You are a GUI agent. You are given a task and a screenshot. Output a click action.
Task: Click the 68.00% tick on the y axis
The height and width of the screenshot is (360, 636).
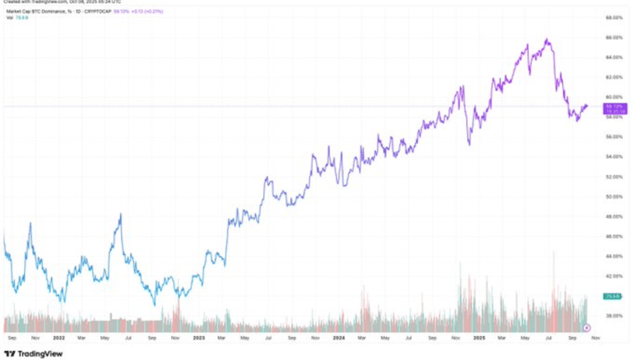(613, 17)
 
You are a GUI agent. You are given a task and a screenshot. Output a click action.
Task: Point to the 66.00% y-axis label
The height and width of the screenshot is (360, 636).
(613, 37)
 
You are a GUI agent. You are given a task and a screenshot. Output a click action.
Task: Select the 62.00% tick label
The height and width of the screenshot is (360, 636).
(613, 77)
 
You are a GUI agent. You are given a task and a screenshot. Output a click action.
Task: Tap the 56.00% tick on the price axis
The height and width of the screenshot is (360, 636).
(613, 137)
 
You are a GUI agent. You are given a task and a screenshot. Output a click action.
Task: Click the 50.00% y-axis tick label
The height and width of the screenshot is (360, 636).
(613, 196)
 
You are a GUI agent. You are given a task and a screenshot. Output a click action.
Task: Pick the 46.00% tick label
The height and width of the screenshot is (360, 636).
(613, 236)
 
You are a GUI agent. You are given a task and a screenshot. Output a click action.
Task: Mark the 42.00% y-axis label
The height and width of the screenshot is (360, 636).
(613, 276)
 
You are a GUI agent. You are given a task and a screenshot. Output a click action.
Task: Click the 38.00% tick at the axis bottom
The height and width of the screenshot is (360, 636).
(613, 315)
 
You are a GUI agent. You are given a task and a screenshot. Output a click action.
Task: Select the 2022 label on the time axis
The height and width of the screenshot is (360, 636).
(59, 338)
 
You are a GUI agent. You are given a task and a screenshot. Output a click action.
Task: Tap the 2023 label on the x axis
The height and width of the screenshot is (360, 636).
(199, 338)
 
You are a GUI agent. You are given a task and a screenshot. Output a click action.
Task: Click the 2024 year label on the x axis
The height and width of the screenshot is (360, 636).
(340, 338)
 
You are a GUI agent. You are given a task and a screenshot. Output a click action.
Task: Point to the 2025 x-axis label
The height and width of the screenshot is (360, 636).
(479, 338)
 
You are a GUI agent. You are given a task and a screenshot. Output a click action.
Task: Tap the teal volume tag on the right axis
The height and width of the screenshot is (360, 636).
(613, 295)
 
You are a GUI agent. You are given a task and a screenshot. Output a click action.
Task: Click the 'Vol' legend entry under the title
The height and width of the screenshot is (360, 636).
(12, 17)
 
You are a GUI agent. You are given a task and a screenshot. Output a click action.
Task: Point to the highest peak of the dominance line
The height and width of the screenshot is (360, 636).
(547, 39)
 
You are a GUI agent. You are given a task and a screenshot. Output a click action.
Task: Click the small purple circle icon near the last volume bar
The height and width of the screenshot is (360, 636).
(587, 329)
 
